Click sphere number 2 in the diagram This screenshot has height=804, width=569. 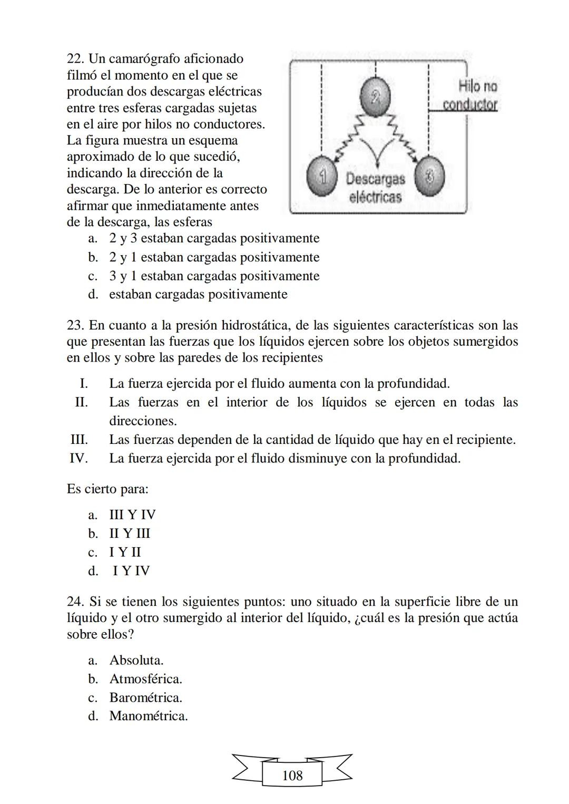coord(375,96)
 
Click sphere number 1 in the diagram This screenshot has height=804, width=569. coord(321,176)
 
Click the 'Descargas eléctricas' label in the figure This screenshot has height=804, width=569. coord(375,188)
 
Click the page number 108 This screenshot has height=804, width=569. coord(292,776)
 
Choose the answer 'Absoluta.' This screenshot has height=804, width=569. coord(136,660)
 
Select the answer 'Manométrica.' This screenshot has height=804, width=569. coord(148,716)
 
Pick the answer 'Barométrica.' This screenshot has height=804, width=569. coord(145,698)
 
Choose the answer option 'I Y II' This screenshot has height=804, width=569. coord(125,552)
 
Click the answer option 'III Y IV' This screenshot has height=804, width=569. coord(132,515)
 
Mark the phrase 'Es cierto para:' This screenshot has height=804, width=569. coord(107,489)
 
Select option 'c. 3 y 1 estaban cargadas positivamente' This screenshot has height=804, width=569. coord(213,276)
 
